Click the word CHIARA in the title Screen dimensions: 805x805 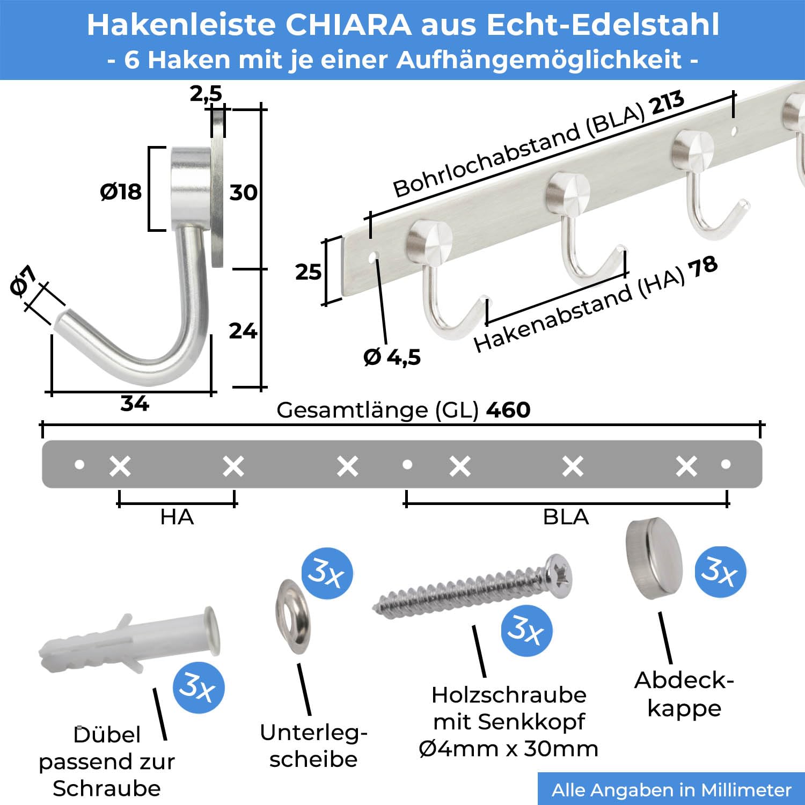click(x=348, y=25)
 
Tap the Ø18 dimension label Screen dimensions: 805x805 click(x=121, y=192)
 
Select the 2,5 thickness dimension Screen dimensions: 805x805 click(x=206, y=93)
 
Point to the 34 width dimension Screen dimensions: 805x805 click(x=134, y=404)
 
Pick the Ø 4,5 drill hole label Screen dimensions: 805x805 click(x=392, y=357)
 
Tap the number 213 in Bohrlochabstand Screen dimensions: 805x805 click(x=668, y=103)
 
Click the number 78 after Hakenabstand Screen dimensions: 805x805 click(x=703, y=267)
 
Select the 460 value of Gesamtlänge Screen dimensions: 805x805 click(x=508, y=410)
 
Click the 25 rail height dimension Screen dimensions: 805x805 click(x=308, y=272)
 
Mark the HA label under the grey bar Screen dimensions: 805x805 click(x=177, y=517)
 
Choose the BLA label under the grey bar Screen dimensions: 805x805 click(x=566, y=517)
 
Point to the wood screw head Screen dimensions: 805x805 click(x=559, y=576)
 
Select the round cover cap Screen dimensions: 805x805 click(x=654, y=558)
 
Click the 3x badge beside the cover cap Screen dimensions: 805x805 click(x=720, y=572)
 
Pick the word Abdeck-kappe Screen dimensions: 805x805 click(x=684, y=694)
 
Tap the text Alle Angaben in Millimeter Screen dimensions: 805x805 click(x=671, y=790)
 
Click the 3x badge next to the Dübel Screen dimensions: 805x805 click(x=199, y=687)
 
